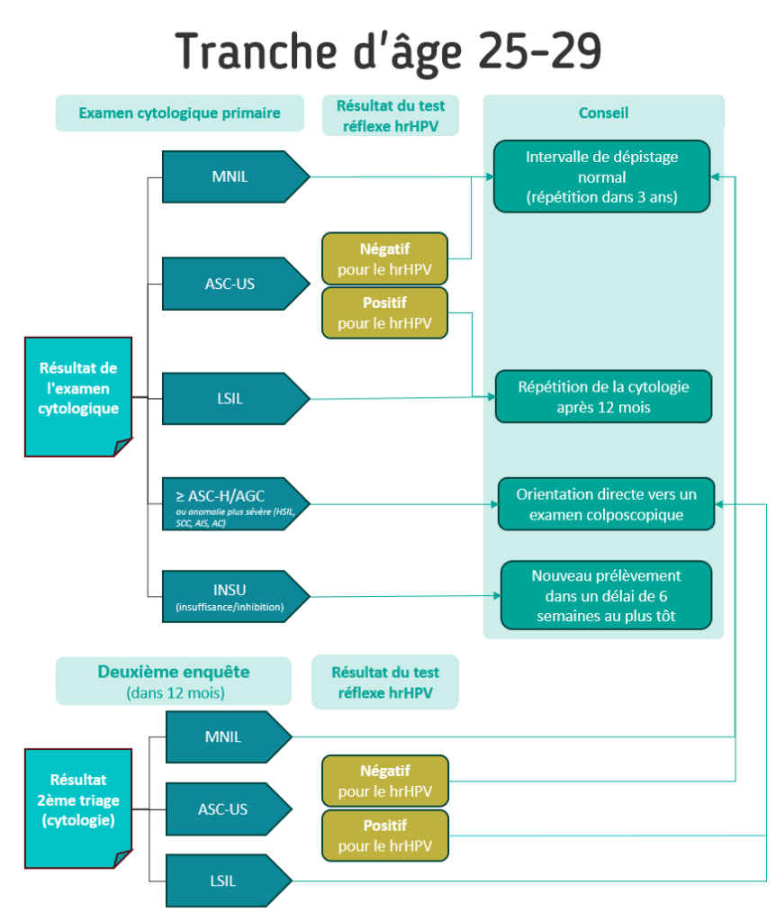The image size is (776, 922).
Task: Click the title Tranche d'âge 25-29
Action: (388, 52)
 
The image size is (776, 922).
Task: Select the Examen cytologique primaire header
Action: (179, 113)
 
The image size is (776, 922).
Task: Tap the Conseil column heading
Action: (603, 113)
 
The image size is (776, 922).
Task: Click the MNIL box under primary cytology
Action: (230, 176)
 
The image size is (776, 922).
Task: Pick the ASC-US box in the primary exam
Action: (230, 284)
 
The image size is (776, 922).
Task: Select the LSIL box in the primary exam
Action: (230, 398)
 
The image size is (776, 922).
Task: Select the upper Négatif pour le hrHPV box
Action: (384, 259)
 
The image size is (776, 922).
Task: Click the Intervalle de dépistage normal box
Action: (602, 176)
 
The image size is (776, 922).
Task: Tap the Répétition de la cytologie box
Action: (603, 397)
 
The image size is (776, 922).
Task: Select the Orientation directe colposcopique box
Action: (606, 504)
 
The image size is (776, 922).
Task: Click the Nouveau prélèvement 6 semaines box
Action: (606, 595)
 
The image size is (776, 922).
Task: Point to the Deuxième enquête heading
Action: (173, 681)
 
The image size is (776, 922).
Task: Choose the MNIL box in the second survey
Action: (225, 737)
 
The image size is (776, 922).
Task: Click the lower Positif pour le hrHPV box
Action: (384, 836)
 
